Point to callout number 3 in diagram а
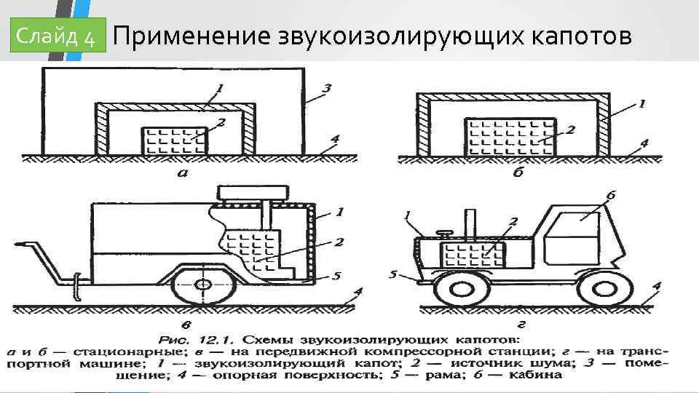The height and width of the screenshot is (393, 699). [x=327, y=89]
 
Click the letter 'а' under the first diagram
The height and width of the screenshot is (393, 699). [x=183, y=173]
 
